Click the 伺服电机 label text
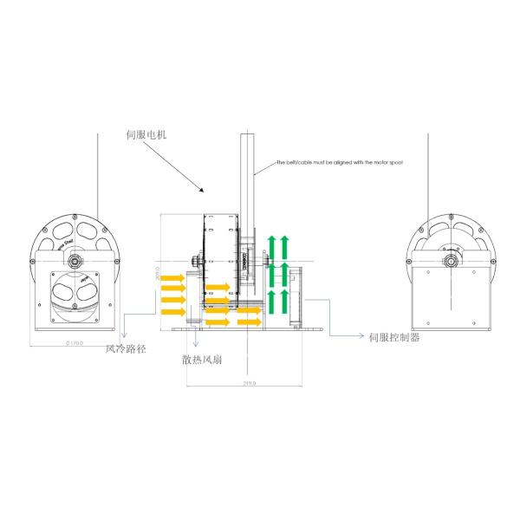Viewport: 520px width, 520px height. (x=146, y=135)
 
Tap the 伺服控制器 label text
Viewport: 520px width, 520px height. (x=395, y=336)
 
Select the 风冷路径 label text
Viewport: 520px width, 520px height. (x=127, y=349)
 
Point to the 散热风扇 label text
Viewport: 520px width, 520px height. (x=205, y=358)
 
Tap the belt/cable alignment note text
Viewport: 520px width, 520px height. (x=340, y=162)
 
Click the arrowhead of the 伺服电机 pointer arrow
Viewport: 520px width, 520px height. (x=202, y=190)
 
